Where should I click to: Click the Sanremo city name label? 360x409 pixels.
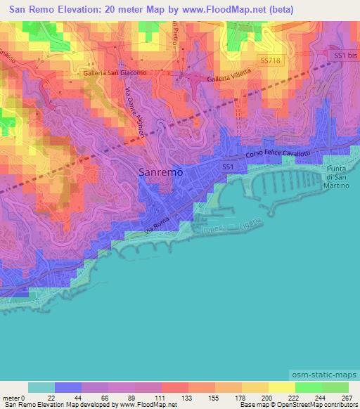pos(161,171)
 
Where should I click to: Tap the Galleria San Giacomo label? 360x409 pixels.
pos(116,72)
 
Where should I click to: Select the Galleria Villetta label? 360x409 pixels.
pos(229,80)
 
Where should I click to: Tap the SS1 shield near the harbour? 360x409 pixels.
pos(227,167)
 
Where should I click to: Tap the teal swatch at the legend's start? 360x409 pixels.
pos(41,387)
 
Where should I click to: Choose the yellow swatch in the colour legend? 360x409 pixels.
pos(282,387)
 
